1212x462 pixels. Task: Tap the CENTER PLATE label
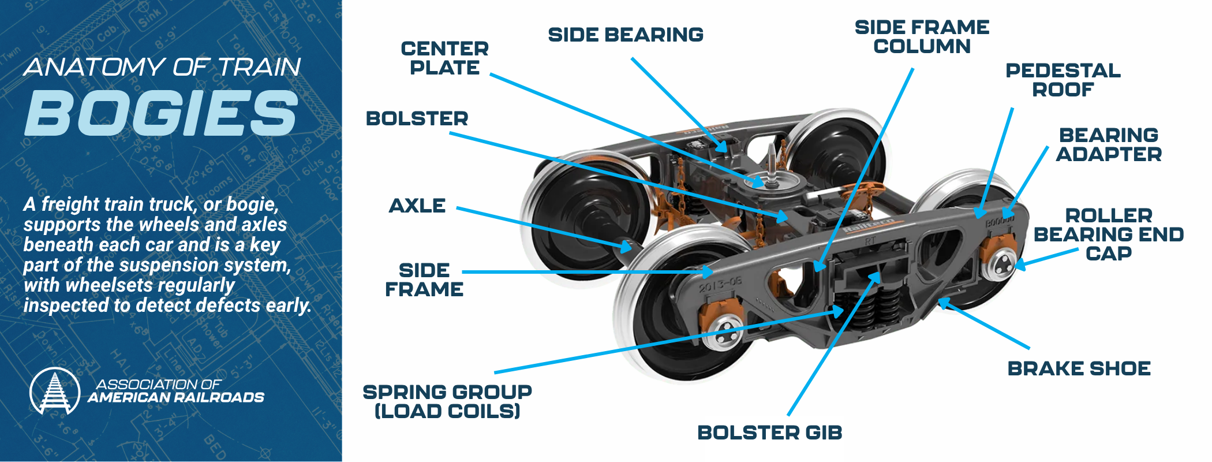point(444,58)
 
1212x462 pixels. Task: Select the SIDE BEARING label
point(626,35)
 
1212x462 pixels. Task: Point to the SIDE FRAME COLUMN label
point(922,36)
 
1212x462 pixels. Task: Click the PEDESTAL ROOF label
point(1063,80)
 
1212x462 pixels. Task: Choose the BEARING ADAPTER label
point(1108,144)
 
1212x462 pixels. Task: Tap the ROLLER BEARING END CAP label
point(1108,234)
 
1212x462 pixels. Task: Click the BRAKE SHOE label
point(1079,368)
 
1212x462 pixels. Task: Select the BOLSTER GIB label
point(769,433)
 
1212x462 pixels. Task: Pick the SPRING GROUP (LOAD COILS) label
point(447,401)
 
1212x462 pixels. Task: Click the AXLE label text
point(417,206)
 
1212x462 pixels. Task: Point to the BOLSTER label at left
point(417,118)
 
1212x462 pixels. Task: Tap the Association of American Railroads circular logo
point(55,391)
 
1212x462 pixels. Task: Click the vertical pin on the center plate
point(772,165)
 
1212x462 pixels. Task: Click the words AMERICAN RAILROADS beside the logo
point(176,397)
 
